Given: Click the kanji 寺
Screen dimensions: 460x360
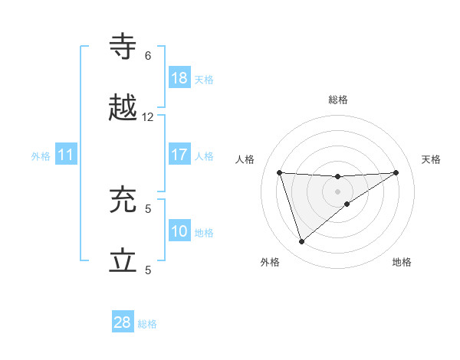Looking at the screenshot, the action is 123,47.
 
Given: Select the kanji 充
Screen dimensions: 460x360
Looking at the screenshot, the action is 123,200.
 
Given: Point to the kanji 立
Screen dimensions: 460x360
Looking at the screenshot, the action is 123,261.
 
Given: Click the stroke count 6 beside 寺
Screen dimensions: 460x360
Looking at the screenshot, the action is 148,55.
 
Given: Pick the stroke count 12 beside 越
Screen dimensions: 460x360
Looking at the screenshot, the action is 148,116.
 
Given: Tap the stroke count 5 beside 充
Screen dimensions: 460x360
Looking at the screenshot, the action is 148,208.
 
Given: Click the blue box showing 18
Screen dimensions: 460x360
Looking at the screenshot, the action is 179,78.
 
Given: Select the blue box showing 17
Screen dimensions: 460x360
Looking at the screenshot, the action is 179,155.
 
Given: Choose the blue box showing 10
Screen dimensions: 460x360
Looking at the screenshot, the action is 179,231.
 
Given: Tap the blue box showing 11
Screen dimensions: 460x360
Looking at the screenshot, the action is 66,155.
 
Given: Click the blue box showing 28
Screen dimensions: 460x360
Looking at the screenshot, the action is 123,322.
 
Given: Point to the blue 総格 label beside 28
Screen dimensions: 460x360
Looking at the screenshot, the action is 147,324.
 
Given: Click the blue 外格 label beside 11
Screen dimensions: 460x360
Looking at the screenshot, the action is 41,156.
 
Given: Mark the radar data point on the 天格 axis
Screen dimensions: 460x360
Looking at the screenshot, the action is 396,172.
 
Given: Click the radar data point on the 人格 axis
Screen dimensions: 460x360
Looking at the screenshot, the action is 280,172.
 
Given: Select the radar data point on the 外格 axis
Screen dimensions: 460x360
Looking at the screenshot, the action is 301,242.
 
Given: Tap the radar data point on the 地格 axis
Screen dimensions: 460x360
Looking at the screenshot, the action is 347,204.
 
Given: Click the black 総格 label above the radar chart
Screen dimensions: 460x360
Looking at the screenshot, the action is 338,100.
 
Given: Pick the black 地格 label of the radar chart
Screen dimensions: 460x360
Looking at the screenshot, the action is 402,263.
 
